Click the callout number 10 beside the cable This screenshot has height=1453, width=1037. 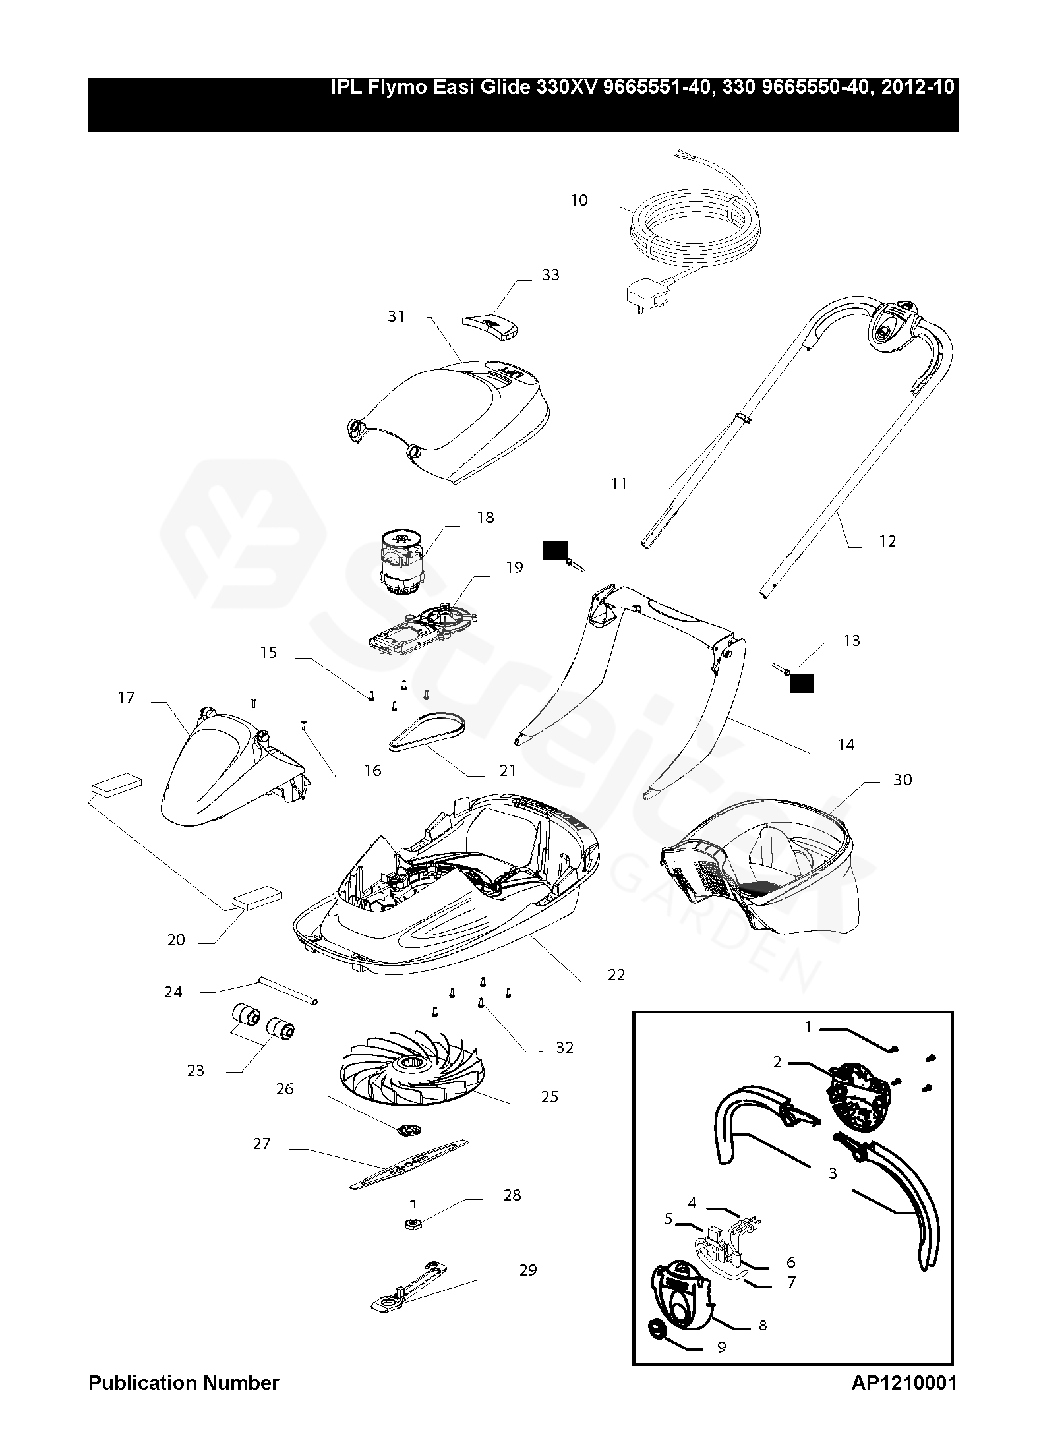click(x=579, y=200)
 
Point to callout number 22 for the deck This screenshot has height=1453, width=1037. click(x=616, y=974)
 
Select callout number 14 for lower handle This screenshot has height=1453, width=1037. click(x=845, y=745)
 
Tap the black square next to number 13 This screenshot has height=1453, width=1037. click(x=801, y=684)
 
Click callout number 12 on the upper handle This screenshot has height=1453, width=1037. click(x=887, y=541)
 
